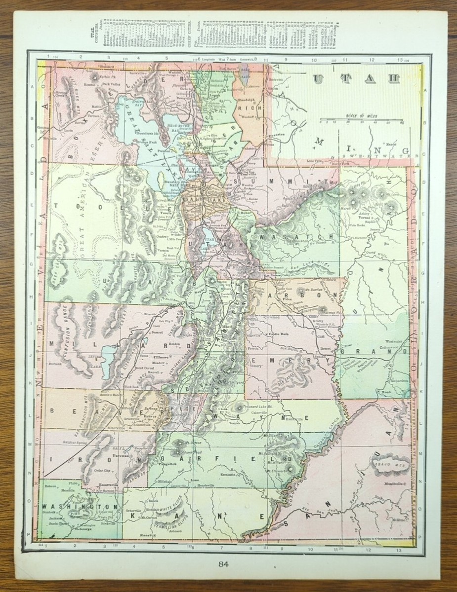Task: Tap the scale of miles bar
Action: (360, 119)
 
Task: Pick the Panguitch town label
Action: (164, 464)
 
